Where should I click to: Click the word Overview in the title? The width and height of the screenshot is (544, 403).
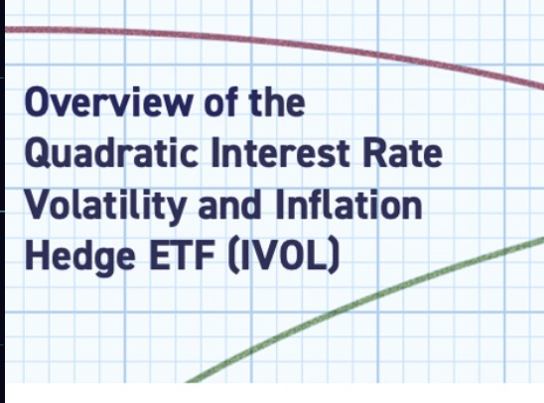click(108, 101)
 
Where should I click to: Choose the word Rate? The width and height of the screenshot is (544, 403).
click(402, 153)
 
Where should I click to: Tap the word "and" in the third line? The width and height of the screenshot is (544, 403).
click(229, 204)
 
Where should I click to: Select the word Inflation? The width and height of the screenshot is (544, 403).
click(349, 204)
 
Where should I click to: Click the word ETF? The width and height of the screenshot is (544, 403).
click(182, 256)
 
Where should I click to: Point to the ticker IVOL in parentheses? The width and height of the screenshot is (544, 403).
click(284, 256)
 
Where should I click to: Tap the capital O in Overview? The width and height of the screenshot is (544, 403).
click(36, 101)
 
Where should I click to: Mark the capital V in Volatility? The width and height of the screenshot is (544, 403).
click(38, 204)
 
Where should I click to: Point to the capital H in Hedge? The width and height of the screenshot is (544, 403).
click(37, 256)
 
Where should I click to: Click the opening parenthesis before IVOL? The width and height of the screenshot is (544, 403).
click(233, 256)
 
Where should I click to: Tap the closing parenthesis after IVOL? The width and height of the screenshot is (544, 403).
click(334, 256)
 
